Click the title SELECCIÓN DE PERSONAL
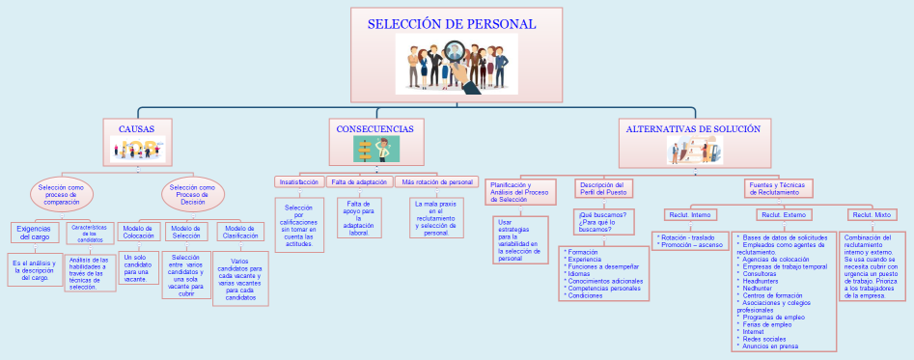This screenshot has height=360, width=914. pyautogui.click(x=451, y=24)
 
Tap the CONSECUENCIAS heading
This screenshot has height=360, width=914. pyautogui.click(x=374, y=128)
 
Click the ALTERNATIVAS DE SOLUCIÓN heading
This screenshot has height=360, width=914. pyautogui.click(x=693, y=128)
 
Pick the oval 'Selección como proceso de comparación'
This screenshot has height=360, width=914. pyautogui.click(x=62, y=194)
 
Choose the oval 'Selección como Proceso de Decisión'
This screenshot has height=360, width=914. pyautogui.click(x=192, y=194)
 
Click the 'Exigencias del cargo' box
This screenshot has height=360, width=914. pyautogui.click(x=34, y=232)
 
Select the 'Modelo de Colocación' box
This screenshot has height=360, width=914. pyautogui.click(x=139, y=232)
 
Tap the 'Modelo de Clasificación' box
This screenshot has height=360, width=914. pyautogui.click(x=240, y=232)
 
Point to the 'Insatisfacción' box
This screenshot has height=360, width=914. pyautogui.click(x=298, y=181)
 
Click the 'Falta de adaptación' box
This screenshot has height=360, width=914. pyautogui.click(x=359, y=181)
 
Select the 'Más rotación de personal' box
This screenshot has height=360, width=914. pyautogui.click(x=437, y=181)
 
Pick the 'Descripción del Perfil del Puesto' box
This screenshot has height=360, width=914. pyautogui.click(x=603, y=188)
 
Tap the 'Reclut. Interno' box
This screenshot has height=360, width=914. pyautogui.click(x=689, y=214)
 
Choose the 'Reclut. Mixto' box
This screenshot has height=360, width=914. pyautogui.click(x=872, y=214)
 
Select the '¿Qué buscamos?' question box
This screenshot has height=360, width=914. pyautogui.click(x=604, y=222)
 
